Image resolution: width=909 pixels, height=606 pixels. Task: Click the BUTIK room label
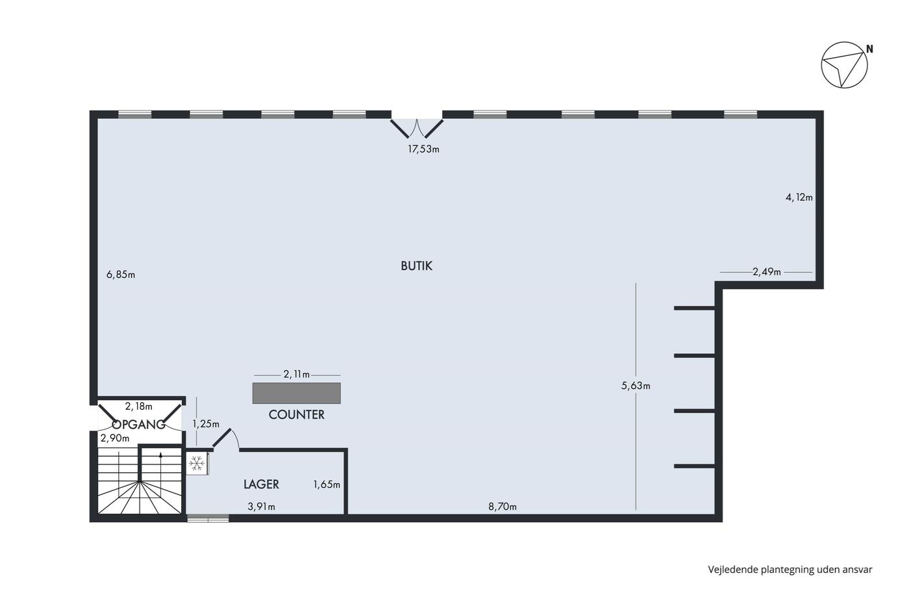pyautogui.click(x=416, y=266)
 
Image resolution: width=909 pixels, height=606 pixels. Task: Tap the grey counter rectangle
pyautogui.click(x=296, y=393)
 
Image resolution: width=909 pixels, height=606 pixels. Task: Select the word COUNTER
pyautogui.click(x=296, y=415)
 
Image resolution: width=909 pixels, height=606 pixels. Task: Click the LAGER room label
pyautogui.click(x=261, y=485)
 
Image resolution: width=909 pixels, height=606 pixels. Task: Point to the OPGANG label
pyautogui.click(x=138, y=425)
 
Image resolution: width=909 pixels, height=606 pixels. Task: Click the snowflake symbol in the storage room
pyautogui.click(x=197, y=463)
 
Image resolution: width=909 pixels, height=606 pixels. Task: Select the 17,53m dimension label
pyautogui.click(x=423, y=149)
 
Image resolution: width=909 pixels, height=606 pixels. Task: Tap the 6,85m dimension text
pyautogui.click(x=121, y=275)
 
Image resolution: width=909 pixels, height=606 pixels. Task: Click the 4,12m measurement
pyautogui.click(x=799, y=197)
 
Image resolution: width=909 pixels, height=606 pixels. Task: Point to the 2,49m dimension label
pyautogui.click(x=767, y=272)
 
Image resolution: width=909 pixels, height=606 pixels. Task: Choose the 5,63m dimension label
pyautogui.click(x=636, y=386)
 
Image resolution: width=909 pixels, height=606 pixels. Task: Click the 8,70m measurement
pyautogui.click(x=503, y=507)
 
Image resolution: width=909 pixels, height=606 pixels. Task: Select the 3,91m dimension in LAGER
pyautogui.click(x=261, y=507)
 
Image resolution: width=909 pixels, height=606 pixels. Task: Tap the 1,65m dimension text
pyautogui.click(x=327, y=485)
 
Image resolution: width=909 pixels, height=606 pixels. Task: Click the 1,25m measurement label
pyautogui.click(x=206, y=424)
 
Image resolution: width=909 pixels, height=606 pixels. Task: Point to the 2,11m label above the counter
pyautogui.click(x=297, y=374)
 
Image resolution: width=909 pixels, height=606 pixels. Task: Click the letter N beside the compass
pyautogui.click(x=869, y=49)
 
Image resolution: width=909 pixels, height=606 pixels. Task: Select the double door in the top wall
pyautogui.click(x=417, y=127)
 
